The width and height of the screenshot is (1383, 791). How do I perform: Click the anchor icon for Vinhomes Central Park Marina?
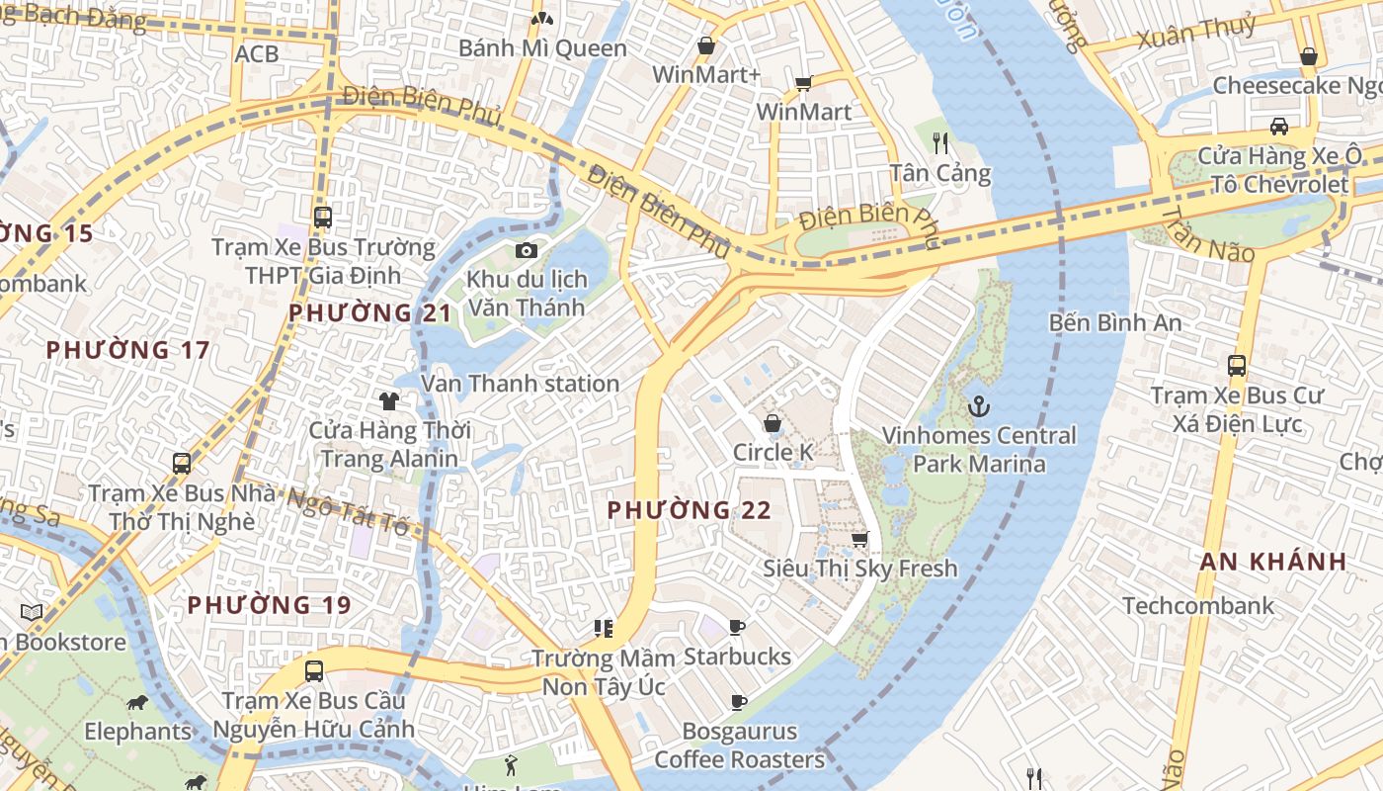point(978,405)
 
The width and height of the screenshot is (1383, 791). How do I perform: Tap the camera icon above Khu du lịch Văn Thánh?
point(527,250)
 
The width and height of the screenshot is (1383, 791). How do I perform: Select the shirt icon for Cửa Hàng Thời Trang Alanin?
point(389,400)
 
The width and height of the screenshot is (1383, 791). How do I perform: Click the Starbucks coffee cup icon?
point(736,627)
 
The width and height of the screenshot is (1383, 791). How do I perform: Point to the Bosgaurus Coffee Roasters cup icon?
point(737,702)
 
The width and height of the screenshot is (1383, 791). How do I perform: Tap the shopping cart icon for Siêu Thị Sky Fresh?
point(859,539)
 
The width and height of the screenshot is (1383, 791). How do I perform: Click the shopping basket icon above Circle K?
point(773,423)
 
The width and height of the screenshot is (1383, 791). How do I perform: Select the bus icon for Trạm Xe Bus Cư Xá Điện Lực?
point(1236,365)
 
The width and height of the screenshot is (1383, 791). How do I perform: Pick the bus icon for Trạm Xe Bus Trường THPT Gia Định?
point(322,217)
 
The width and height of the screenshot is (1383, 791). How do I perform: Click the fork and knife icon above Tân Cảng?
point(940,143)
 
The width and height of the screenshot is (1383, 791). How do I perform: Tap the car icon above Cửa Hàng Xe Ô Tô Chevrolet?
point(1278,127)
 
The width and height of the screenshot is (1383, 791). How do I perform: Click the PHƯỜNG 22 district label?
point(689,510)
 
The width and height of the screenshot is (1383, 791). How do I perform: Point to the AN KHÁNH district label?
point(1272,562)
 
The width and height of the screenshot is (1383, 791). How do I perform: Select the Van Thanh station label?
point(521,384)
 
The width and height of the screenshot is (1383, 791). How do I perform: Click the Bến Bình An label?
point(1114,322)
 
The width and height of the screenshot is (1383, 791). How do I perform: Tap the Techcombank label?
point(1197,605)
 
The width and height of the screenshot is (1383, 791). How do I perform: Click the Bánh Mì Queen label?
point(542,48)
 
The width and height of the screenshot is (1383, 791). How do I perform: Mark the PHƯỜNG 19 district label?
point(269,604)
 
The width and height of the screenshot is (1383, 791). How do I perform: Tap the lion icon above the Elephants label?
point(137,703)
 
